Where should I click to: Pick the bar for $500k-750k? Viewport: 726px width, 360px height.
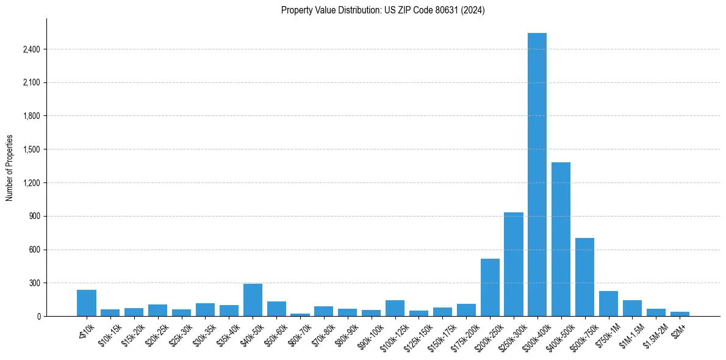coord(584,277)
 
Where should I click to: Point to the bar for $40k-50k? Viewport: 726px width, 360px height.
coord(253,300)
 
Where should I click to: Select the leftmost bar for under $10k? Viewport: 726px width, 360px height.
coord(87,303)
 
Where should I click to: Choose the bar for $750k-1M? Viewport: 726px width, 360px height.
coord(608,304)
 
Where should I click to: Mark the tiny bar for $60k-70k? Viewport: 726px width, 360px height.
coord(300,315)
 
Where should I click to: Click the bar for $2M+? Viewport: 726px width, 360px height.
coord(680,314)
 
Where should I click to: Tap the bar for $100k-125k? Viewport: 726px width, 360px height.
coord(395,308)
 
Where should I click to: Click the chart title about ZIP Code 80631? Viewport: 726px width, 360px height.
coord(383,10)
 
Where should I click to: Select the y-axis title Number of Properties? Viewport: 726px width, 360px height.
coord(10,168)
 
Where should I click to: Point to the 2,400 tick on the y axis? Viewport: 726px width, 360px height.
coord(31,49)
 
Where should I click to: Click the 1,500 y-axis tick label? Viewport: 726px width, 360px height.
coord(31,149)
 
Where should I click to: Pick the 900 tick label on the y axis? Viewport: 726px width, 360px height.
coord(34,216)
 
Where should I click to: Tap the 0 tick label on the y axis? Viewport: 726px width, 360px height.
coord(38,316)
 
